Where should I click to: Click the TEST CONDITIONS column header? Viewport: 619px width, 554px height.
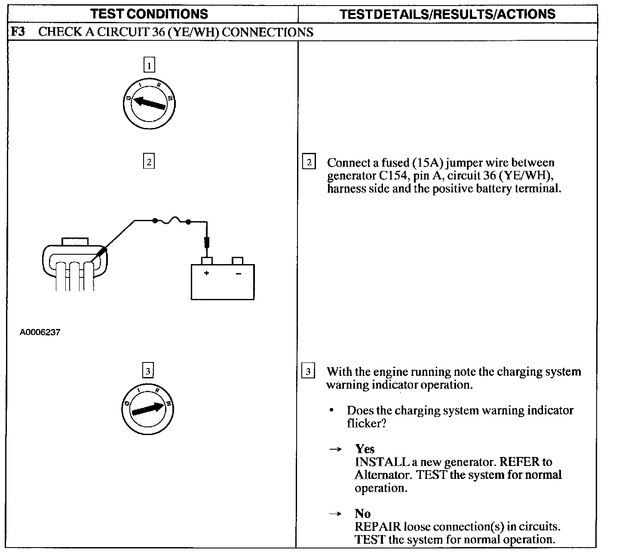pos(149,14)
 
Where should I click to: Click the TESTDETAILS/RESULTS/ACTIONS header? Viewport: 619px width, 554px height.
pos(447,14)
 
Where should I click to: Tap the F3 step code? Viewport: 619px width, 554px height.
pos(18,31)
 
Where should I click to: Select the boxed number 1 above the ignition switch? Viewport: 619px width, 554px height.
pos(149,65)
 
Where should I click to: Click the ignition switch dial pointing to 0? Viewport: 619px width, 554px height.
pos(149,103)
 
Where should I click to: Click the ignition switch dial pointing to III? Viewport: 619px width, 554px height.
pos(147,409)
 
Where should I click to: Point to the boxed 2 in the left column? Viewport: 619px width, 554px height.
pos(149,161)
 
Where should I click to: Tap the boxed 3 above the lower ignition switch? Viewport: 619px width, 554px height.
pos(148,370)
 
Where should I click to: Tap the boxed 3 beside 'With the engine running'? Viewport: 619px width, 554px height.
pos(308,370)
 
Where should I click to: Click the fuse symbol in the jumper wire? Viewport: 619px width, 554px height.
pos(172,220)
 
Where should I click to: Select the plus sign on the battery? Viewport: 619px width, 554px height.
pos(206,273)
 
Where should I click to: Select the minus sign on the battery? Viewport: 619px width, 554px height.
pos(239,274)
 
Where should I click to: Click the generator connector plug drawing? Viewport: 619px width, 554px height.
pos(75,264)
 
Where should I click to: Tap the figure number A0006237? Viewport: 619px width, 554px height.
pos(40,332)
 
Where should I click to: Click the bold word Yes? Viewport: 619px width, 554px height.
pos(365,449)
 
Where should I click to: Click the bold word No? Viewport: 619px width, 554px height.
pos(363,513)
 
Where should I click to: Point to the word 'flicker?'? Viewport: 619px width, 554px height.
pos(367,423)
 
